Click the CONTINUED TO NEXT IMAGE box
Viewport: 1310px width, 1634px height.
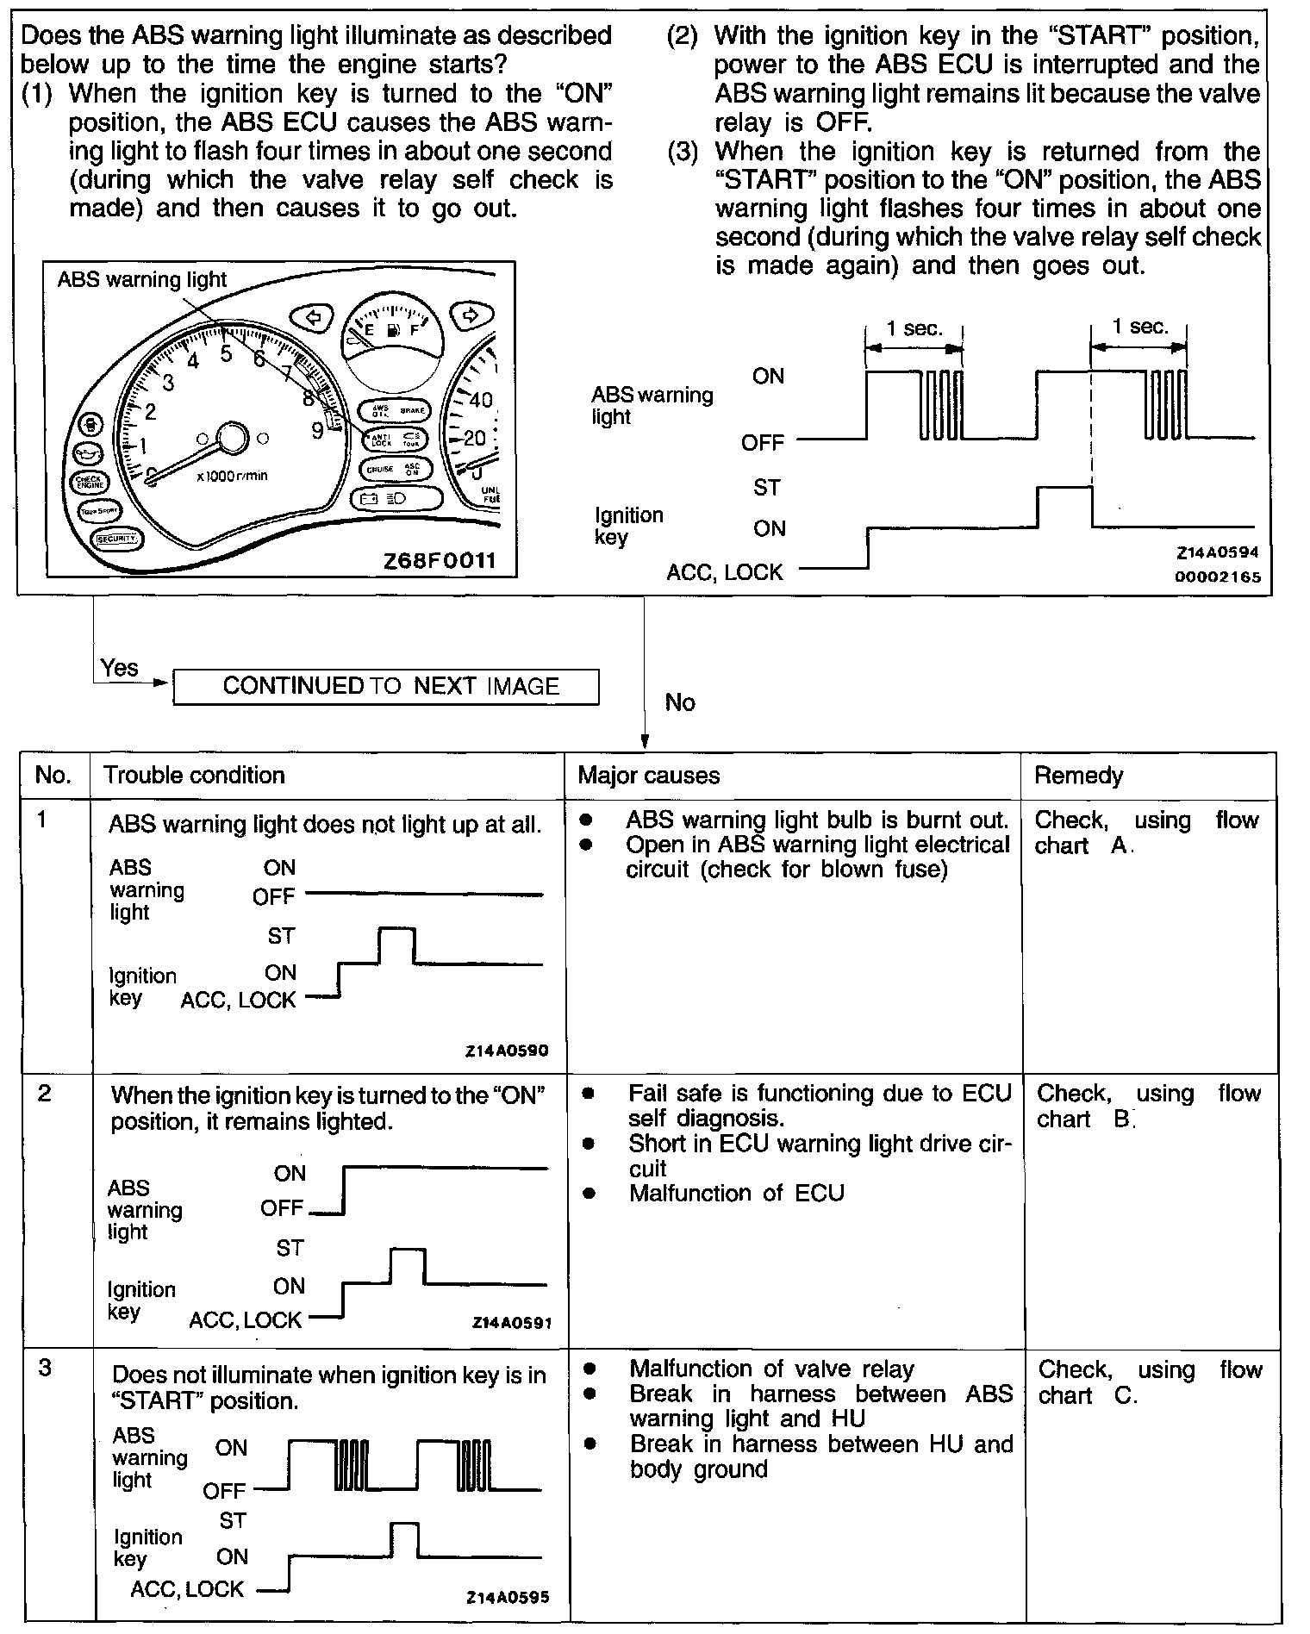pyautogui.click(x=385, y=686)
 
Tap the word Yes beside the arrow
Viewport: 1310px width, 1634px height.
pyautogui.click(x=119, y=668)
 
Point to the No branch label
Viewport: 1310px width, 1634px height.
pyautogui.click(x=680, y=702)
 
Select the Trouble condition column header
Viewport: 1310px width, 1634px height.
pyautogui.click(x=194, y=775)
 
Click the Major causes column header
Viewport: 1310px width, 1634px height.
pyautogui.click(x=648, y=775)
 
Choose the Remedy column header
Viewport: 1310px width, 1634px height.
pyautogui.click(x=1078, y=776)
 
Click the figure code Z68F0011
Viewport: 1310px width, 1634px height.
pyautogui.click(x=440, y=561)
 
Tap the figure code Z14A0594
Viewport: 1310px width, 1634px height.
pyautogui.click(x=1217, y=553)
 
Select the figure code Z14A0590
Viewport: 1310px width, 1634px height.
pyautogui.click(x=507, y=1051)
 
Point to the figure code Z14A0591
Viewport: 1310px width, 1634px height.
pyautogui.click(x=512, y=1322)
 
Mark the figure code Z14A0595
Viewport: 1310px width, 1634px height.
pyautogui.click(x=508, y=1597)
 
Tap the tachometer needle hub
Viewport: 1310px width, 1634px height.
pyautogui.click(x=231, y=438)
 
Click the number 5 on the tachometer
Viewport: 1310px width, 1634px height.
pyautogui.click(x=226, y=352)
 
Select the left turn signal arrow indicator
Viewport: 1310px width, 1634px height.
pyautogui.click(x=314, y=317)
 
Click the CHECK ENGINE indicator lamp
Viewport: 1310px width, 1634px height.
pyautogui.click(x=89, y=482)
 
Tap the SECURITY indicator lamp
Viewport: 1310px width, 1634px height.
pyautogui.click(x=116, y=539)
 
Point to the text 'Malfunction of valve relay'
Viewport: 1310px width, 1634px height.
pyautogui.click(x=771, y=1369)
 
